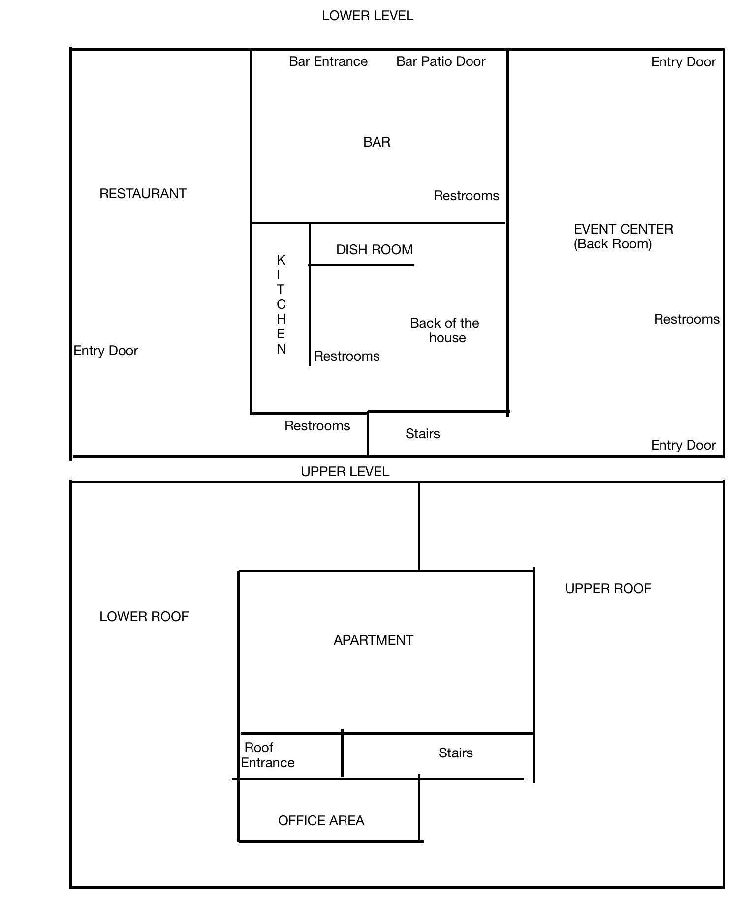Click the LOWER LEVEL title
(368, 16)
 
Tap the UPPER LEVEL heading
(345, 472)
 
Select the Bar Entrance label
(328, 61)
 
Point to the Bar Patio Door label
(441, 61)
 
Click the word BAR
(377, 142)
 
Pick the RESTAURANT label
(143, 194)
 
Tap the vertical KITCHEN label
(281, 304)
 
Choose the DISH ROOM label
(375, 250)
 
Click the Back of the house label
(445, 331)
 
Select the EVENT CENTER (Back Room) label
(624, 237)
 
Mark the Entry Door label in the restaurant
(106, 351)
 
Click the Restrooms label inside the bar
(467, 196)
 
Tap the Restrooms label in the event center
(687, 319)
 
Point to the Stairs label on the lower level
(423, 434)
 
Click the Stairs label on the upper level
(456, 753)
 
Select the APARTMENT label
(374, 640)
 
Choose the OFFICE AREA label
(321, 821)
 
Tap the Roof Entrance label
(268, 755)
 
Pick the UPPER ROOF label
(608, 589)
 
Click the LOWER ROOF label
(144, 617)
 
